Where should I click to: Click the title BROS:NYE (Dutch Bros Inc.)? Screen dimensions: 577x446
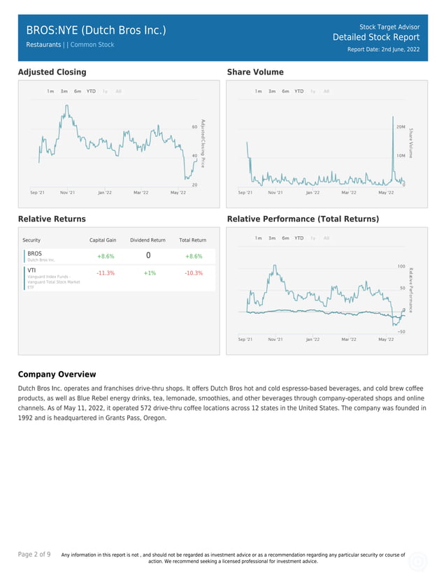tap(96, 30)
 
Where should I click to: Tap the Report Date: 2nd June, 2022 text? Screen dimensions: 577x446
tap(383, 50)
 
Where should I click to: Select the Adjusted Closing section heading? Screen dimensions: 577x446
tap(52, 72)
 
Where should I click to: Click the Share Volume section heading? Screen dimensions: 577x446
tap(255, 72)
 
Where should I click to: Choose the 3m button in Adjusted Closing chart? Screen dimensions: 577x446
tap(64, 92)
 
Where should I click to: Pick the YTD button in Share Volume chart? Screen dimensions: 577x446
tap(298, 92)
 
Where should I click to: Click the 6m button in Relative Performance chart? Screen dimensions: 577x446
tap(285, 238)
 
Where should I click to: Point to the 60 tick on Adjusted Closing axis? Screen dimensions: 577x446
tap(194, 127)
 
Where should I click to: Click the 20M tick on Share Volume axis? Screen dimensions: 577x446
tap(401, 127)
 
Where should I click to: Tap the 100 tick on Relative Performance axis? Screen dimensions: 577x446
tap(401, 266)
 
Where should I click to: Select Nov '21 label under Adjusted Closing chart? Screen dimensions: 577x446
tap(68, 192)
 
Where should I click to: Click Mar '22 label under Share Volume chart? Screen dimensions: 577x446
tap(348, 192)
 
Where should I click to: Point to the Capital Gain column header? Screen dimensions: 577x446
tap(103, 240)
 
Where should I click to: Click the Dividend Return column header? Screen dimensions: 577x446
tap(148, 240)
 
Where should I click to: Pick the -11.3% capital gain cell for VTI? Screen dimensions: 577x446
tap(106, 273)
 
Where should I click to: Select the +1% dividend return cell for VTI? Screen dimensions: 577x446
tap(150, 273)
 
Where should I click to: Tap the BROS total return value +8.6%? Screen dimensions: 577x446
tap(194, 256)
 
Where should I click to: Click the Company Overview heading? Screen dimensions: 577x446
tap(57, 374)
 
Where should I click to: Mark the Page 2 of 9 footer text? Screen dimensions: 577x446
tap(34, 555)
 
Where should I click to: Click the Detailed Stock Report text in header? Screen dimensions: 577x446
tap(376, 38)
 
